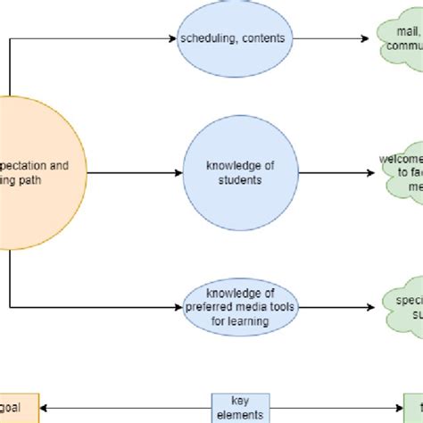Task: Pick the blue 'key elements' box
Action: click(238, 408)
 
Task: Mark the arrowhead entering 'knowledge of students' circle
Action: click(178, 173)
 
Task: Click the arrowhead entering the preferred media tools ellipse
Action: click(177, 308)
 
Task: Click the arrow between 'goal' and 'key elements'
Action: click(125, 408)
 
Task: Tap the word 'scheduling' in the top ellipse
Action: click(204, 39)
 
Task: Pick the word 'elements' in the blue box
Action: click(238, 415)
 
